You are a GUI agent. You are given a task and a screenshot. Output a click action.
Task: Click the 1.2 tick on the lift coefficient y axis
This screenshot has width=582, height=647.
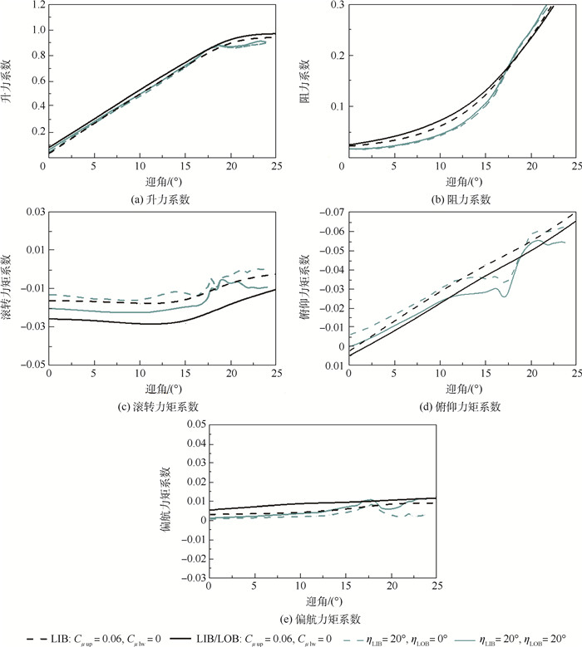[x=37, y=6]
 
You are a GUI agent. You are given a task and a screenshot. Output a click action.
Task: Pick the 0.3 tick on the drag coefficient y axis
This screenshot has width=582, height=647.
[x=332, y=6]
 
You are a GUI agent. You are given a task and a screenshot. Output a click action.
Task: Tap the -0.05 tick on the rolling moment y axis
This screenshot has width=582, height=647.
[x=33, y=365]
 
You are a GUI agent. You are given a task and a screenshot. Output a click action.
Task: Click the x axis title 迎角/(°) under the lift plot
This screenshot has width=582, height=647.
[x=162, y=182]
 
